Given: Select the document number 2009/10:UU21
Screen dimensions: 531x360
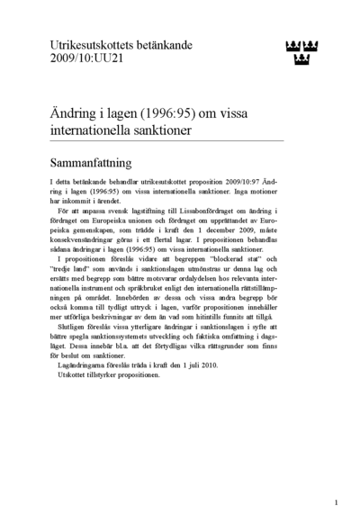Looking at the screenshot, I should point(87,58).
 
